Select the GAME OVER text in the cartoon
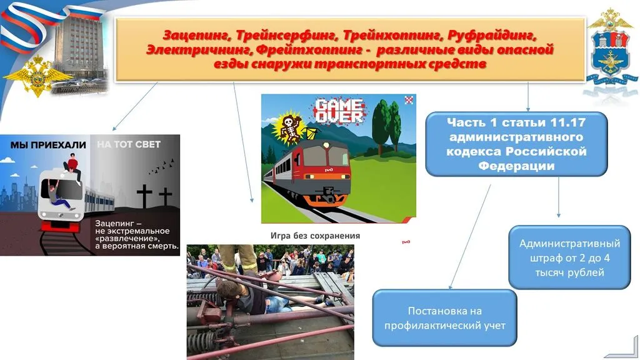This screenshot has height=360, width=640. coord(338,110)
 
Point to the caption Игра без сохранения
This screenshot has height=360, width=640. coord(315,236)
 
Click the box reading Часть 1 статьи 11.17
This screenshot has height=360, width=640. coord(516,144)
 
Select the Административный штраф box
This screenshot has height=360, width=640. coord(569,257)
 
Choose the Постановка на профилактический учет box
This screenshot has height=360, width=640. coord(444,318)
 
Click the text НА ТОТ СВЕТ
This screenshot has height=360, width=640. coord(129,144)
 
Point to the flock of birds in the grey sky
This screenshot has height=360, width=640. coord(161,166)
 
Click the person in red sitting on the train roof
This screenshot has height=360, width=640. coord(74,167)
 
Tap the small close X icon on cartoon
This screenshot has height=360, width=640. coord(409,99)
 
